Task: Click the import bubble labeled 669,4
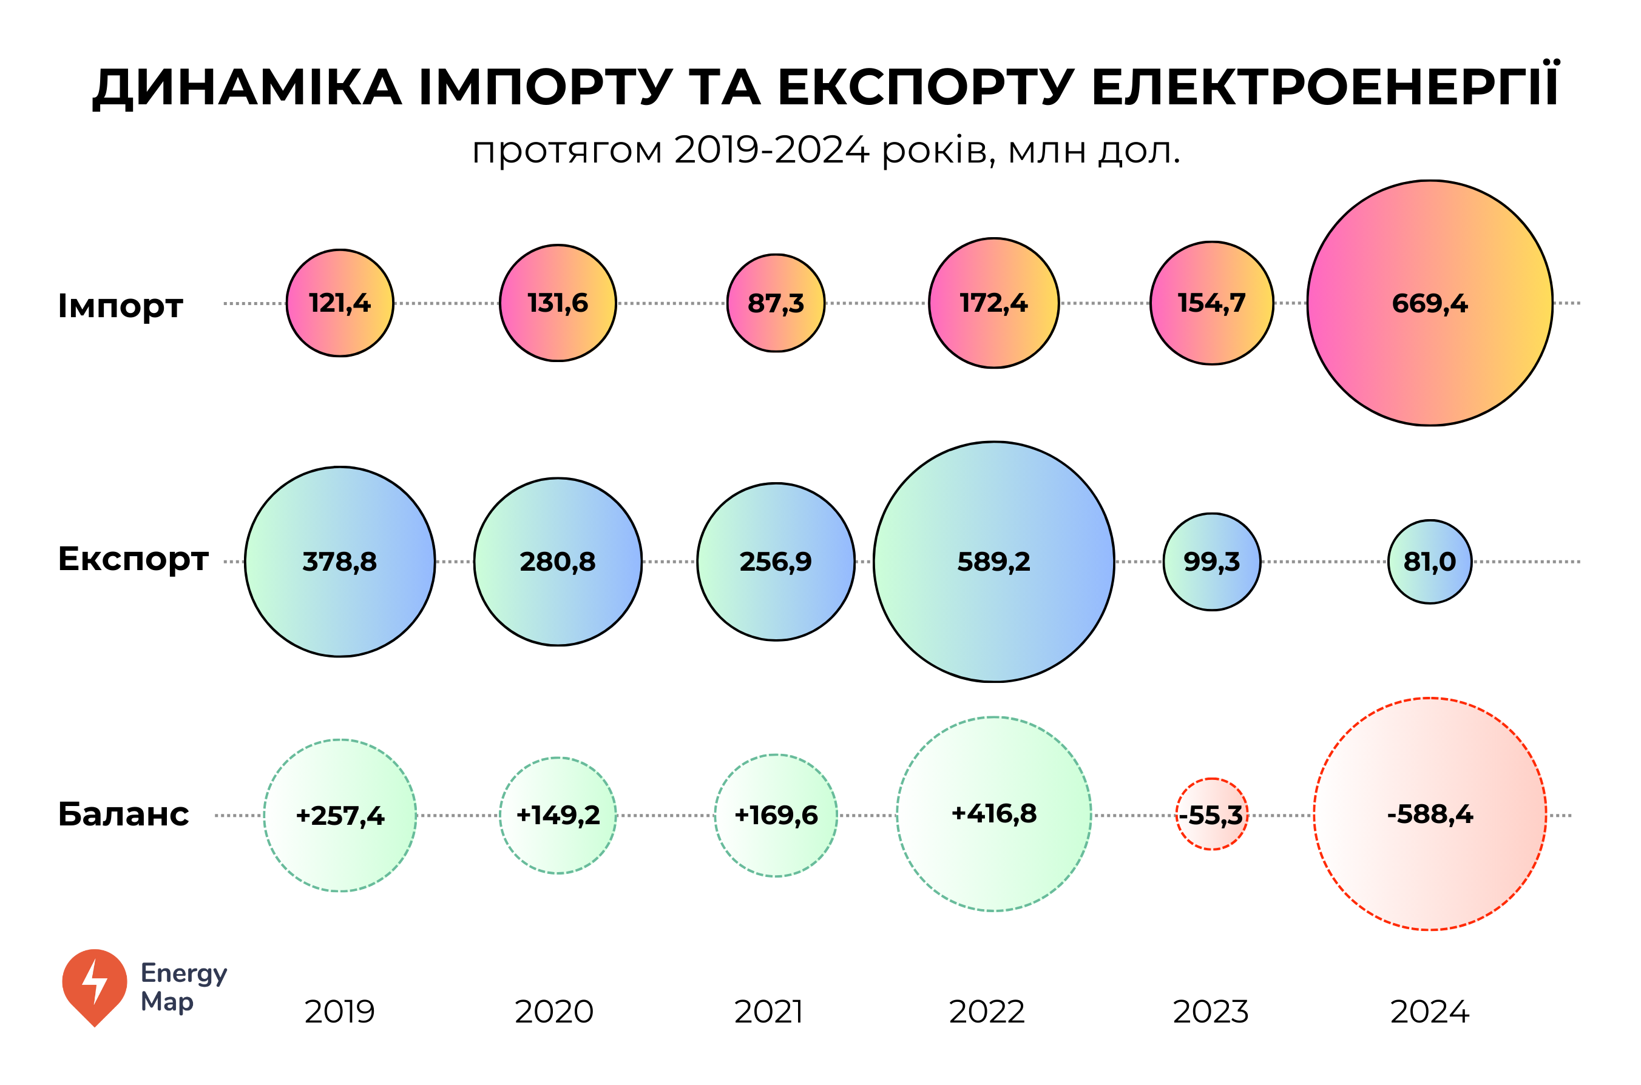(1429, 303)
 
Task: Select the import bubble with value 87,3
(776, 303)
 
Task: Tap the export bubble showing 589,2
(993, 561)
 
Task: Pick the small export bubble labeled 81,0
(1429, 561)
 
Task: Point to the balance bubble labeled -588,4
(1429, 814)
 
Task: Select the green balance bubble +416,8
(993, 814)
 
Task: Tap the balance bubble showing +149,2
(557, 815)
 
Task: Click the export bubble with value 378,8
(339, 561)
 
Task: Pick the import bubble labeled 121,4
(339, 303)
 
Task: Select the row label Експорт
(133, 559)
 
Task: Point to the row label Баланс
(123, 815)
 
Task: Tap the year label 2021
(768, 1012)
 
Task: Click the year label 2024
(1429, 1012)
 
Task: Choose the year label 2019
(339, 1012)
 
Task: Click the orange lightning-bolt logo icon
(95, 986)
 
